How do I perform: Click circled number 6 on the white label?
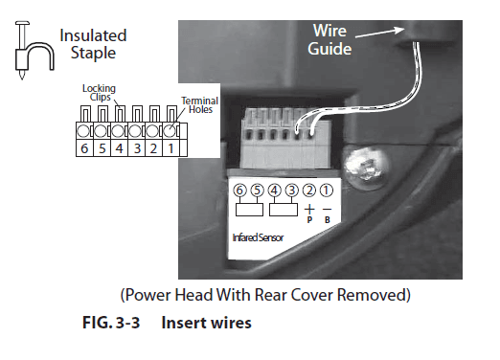240,191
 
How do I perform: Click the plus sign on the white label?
309,207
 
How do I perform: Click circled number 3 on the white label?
293,191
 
